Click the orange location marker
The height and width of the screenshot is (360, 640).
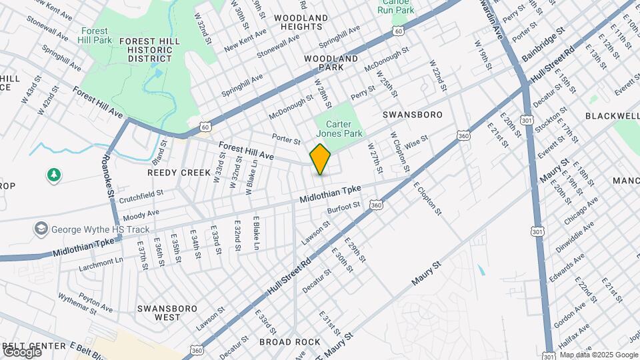tap(320, 159)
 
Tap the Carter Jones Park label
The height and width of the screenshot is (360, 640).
tap(343, 129)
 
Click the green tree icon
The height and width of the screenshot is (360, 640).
tap(53, 175)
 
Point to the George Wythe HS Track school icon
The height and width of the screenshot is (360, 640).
tap(41, 229)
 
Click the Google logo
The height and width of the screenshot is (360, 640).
tap(21, 351)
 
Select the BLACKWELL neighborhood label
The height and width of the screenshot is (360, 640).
tap(612, 115)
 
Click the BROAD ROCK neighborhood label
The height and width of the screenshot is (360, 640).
tap(290, 342)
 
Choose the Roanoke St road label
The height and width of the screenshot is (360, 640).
tap(107, 177)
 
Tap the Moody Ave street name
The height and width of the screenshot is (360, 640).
tap(141, 213)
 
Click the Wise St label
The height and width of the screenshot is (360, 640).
tap(415, 141)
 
